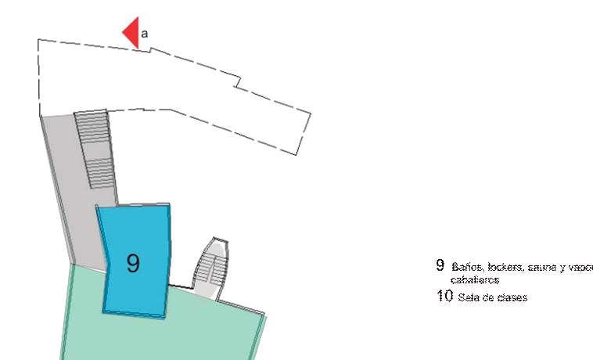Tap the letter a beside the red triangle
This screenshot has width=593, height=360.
(144, 33)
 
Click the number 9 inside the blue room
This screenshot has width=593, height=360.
(134, 264)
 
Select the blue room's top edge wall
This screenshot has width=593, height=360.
(132, 205)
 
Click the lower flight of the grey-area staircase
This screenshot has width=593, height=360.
(99, 173)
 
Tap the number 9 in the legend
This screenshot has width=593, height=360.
(440, 266)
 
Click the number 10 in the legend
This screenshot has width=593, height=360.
(444, 297)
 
